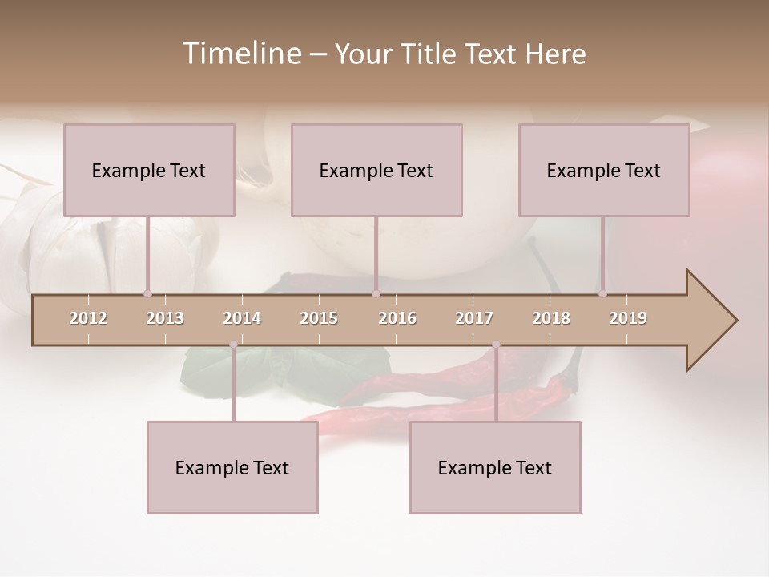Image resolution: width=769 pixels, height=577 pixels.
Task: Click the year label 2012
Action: point(88,318)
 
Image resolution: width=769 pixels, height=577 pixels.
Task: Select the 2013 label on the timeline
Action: point(165,318)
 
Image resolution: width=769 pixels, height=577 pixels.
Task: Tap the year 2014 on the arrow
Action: point(242,318)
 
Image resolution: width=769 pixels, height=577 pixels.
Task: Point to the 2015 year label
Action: point(319,318)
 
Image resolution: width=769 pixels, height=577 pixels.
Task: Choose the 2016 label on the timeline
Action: point(397,318)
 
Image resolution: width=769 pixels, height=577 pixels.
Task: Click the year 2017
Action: point(474,318)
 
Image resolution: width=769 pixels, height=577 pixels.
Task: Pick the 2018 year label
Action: point(551,318)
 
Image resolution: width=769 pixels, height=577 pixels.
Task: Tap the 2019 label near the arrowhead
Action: point(628,318)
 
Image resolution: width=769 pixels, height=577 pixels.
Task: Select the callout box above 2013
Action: point(149,170)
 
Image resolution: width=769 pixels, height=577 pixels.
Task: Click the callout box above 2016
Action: point(376,170)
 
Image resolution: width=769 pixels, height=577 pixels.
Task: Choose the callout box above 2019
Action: point(604,170)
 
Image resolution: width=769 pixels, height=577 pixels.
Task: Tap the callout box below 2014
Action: point(232,467)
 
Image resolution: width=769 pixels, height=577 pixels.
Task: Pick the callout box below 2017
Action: point(495,467)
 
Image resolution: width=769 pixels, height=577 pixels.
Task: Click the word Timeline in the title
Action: point(240,54)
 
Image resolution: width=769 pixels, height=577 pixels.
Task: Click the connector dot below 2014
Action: point(233,345)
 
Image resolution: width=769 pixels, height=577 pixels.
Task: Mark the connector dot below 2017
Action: point(496,345)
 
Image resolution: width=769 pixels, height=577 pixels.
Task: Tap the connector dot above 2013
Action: point(147,293)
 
